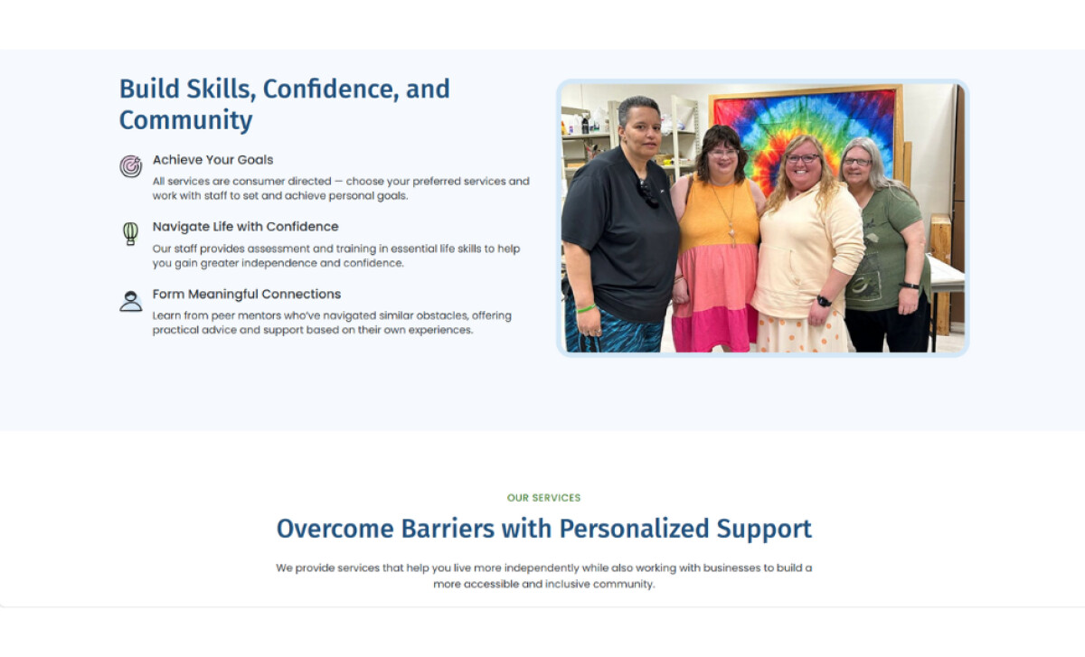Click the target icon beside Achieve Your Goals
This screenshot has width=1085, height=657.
click(x=131, y=166)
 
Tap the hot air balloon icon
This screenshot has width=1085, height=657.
click(x=131, y=234)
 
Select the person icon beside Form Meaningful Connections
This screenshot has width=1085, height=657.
click(x=131, y=301)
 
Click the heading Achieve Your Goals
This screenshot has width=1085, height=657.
click(x=212, y=160)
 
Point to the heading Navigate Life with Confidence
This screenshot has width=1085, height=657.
click(x=245, y=227)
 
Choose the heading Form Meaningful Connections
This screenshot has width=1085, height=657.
click(x=246, y=294)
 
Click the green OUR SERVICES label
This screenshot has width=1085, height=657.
click(x=543, y=498)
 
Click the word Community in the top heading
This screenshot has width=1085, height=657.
click(x=185, y=120)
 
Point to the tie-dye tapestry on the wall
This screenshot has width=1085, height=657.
click(x=805, y=127)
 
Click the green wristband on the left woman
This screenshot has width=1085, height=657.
click(x=586, y=308)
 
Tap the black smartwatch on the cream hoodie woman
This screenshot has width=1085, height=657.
click(x=824, y=301)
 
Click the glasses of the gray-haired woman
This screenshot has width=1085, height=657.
click(x=856, y=163)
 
